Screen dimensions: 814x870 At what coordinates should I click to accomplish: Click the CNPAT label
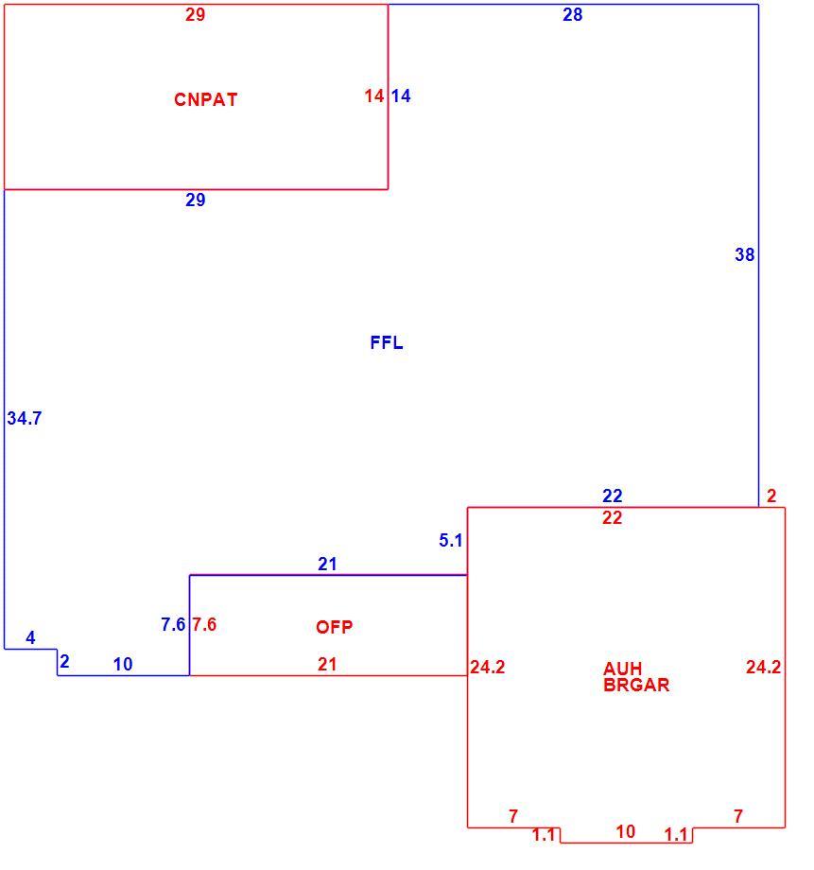pyautogui.click(x=206, y=99)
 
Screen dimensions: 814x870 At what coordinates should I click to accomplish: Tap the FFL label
pyautogui.click(x=386, y=342)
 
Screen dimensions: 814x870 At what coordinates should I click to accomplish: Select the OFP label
pyautogui.click(x=334, y=627)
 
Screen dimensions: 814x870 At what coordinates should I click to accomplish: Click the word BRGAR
pyautogui.click(x=636, y=685)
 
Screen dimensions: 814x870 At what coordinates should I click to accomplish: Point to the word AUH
pyautogui.click(x=623, y=669)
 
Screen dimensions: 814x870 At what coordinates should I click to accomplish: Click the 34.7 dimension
pyautogui.click(x=25, y=418)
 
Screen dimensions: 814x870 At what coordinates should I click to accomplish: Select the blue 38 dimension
pyautogui.click(x=745, y=254)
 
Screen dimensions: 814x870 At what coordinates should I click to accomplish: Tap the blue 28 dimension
pyautogui.click(x=573, y=14)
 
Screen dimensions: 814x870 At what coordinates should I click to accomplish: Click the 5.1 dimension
pyautogui.click(x=451, y=540)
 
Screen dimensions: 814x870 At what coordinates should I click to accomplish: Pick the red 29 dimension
pyautogui.click(x=196, y=14)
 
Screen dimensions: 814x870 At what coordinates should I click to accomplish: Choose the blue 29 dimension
pyautogui.click(x=196, y=200)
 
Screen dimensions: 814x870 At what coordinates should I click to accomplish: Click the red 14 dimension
pyautogui.click(x=374, y=96)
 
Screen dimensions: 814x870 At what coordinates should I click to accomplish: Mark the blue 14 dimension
pyautogui.click(x=401, y=96)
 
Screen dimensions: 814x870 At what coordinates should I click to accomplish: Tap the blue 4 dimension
pyautogui.click(x=30, y=637)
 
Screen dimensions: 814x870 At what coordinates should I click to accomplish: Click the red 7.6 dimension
pyautogui.click(x=204, y=624)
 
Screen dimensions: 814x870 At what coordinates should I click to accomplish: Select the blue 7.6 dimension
pyautogui.click(x=173, y=624)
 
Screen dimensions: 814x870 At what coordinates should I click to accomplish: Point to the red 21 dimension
pyautogui.click(x=327, y=664)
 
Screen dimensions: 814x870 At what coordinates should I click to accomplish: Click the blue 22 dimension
pyautogui.click(x=613, y=496)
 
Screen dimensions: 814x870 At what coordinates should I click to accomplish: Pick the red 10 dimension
pyautogui.click(x=626, y=831)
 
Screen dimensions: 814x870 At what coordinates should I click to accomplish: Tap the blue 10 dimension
pyautogui.click(x=123, y=664)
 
